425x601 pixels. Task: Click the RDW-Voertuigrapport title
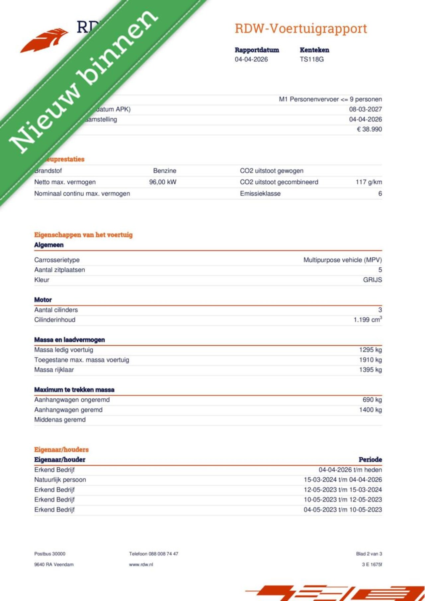point(301,29)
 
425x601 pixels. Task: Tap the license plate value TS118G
point(311,59)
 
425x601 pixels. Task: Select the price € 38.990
point(369,129)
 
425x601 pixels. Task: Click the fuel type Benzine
point(165,171)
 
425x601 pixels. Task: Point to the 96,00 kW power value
point(163,182)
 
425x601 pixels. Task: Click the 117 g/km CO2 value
point(369,182)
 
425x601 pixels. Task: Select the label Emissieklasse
point(260,194)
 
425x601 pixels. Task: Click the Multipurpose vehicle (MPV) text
point(342,260)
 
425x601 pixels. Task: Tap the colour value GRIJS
point(372,280)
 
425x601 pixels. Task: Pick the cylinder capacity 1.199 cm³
point(368,320)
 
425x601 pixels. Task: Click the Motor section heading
point(43,300)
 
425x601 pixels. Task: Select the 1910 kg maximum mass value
point(370,360)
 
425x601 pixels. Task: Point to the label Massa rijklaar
point(54,370)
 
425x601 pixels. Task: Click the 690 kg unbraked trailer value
point(372,400)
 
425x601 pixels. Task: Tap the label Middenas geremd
point(60,420)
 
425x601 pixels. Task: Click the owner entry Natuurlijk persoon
point(60,480)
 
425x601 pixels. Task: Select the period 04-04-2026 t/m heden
point(350,470)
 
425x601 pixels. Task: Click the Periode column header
point(370,460)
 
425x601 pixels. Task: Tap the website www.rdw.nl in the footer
point(141,565)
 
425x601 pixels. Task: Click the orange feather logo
point(44,40)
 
